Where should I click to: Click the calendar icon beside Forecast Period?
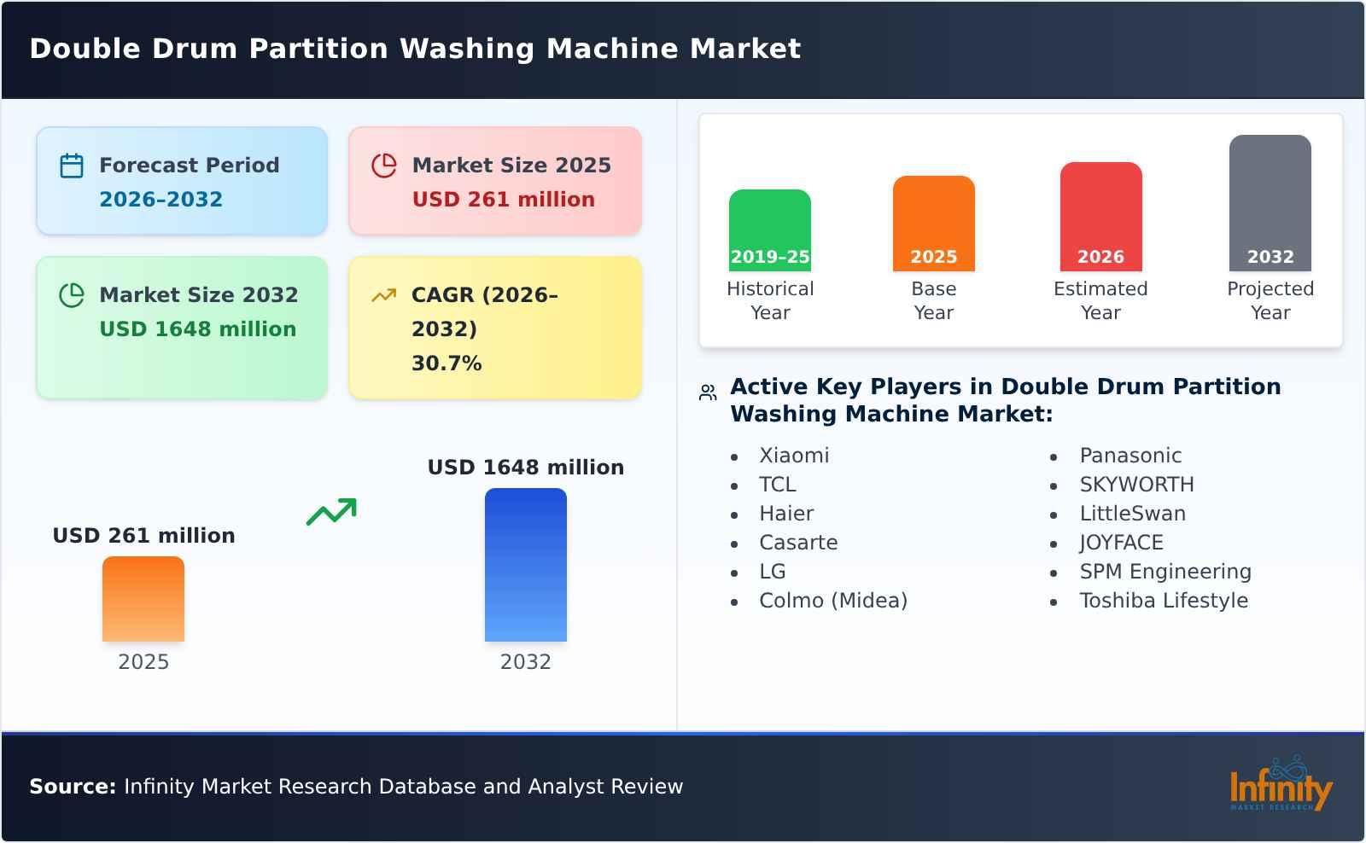click(72, 166)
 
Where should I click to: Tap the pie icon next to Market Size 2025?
click(384, 166)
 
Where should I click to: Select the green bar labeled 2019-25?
click(769, 230)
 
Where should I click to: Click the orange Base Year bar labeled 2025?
click(933, 223)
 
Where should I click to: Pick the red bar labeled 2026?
click(1100, 216)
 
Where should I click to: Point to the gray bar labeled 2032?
click(1270, 202)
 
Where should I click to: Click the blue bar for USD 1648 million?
click(525, 564)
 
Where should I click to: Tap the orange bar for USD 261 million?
click(143, 598)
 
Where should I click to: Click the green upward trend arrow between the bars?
click(331, 511)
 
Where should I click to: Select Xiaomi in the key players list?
click(794, 456)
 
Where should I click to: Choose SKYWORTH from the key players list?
click(1136, 485)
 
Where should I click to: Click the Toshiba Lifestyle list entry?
click(1163, 601)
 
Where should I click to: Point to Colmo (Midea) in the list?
click(832, 601)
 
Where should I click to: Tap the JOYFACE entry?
click(1121, 543)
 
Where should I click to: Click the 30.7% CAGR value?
click(447, 363)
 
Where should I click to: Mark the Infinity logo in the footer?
click(1280, 784)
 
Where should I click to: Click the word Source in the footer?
click(72, 787)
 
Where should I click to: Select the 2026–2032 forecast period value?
click(161, 200)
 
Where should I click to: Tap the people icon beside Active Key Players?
click(708, 392)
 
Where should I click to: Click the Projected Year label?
click(1270, 300)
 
